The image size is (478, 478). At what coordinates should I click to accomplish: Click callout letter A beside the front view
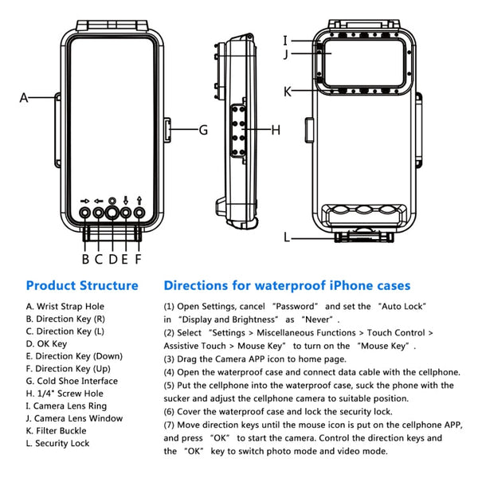[24, 98]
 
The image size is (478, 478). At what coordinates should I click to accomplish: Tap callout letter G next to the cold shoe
[203, 129]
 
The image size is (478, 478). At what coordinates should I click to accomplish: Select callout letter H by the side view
[276, 129]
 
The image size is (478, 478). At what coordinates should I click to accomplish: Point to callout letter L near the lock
[288, 237]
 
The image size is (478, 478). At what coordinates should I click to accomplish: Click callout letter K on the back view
[288, 91]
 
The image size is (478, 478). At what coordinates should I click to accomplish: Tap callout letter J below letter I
[286, 55]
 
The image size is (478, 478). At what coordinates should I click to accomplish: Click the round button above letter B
[85, 213]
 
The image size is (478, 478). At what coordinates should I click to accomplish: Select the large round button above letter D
[112, 213]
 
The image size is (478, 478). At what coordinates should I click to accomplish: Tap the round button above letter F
[139, 213]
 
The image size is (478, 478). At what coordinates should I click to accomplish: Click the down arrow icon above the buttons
[126, 201]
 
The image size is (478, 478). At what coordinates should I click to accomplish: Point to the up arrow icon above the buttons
[139, 201]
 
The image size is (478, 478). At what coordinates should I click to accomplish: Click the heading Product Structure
[82, 285]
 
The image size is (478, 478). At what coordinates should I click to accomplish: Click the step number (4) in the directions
[170, 372]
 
